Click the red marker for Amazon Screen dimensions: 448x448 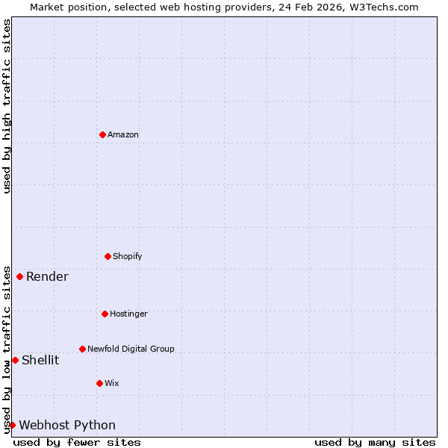click(x=102, y=134)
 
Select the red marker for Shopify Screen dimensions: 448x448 click(x=108, y=256)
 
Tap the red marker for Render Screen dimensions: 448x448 click(x=19, y=276)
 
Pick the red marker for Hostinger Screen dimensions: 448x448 click(x=105, y=314)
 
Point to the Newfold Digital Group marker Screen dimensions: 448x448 click(x=82, y=349)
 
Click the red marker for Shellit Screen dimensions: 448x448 click(x=15, y=360)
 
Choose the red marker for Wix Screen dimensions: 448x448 click(x=99, y=383)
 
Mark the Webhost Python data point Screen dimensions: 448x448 click(x=12, y=425)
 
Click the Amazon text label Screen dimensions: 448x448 click(x=123, y=135)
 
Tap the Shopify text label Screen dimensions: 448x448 click(x=128, y=257)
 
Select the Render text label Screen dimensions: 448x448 click(x=47, y=277)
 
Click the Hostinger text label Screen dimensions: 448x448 click(x=128, y=314)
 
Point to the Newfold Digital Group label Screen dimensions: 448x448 click(x=131, y=349)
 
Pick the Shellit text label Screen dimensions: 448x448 click(x=40, y=361)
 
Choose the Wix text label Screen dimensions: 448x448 click(x=112, y=384)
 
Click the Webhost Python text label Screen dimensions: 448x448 click(x=67, y=426)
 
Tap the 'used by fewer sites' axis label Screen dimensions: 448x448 click(x=77, y=443)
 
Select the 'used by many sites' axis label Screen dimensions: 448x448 click(x=375, y=443)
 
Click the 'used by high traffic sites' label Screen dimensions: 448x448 click(x=7, y=106)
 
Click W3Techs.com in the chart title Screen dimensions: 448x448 click(x=384, y=7)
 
